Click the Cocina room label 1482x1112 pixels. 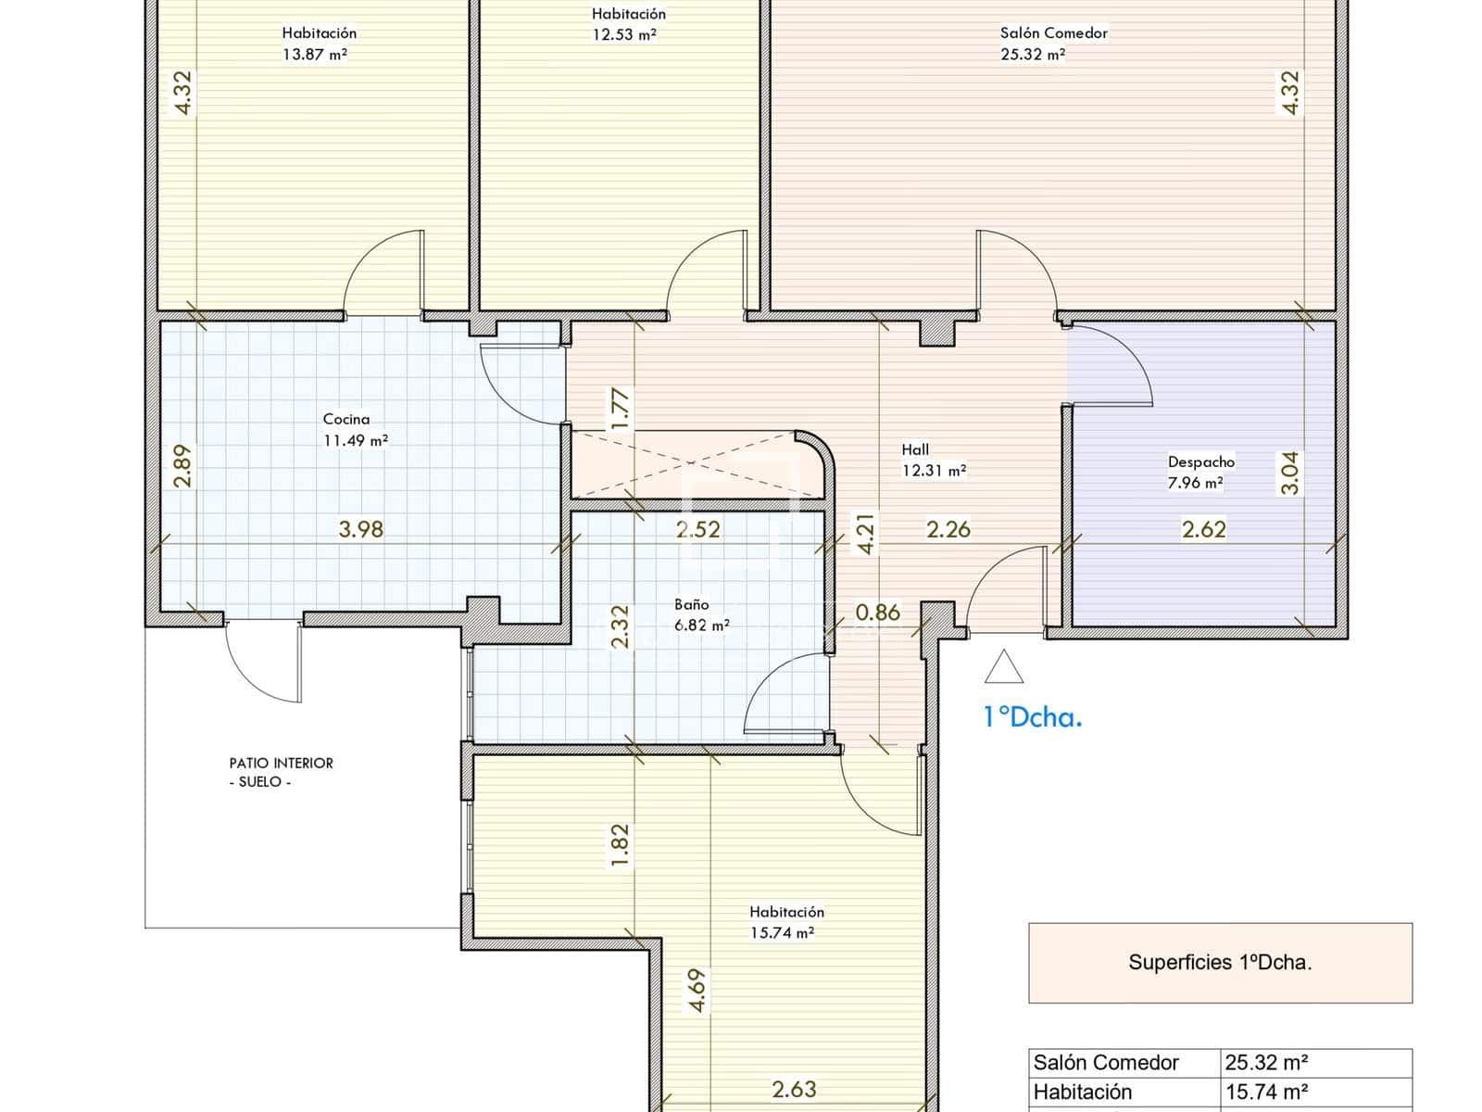point(345,419)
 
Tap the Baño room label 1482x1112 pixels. point(691,604)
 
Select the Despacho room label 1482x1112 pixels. point(1201,461)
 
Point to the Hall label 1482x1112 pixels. point(915,449)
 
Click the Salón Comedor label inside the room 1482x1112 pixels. point(1053,32)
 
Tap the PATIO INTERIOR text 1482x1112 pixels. point(281,763)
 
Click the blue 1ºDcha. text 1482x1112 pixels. point(1033,717)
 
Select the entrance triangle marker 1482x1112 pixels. point(1003,666)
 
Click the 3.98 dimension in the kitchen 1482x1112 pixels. point(361,529)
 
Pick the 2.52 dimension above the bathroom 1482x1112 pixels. point(698,529)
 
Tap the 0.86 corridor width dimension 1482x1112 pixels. point(878,613)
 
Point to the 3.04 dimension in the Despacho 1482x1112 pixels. point(1289,473)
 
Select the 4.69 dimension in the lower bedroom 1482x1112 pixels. point(697,991)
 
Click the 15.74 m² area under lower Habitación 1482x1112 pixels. point(782,932)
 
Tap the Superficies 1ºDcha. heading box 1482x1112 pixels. point(1220,963)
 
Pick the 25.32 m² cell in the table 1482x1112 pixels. point(1266,1062)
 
